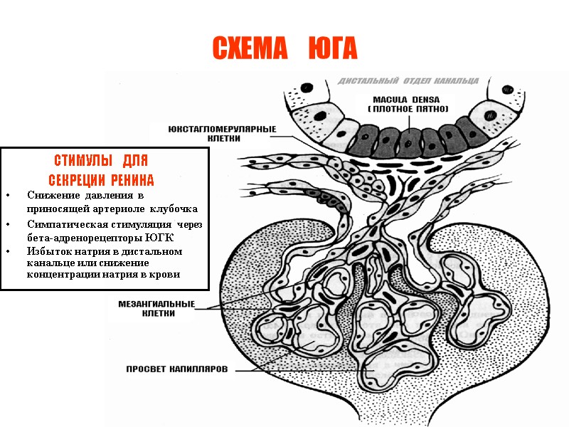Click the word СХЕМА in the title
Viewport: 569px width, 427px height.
tap(248, 48)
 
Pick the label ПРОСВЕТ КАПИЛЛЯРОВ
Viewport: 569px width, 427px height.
tap(177, 369)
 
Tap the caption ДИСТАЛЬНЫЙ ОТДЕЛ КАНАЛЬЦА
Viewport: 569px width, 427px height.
tap(408, 81)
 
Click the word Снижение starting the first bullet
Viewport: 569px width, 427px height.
tap(53, 195)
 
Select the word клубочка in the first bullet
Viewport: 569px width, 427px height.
tap(174, 208)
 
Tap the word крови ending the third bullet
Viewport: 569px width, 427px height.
tap(166, 275)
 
